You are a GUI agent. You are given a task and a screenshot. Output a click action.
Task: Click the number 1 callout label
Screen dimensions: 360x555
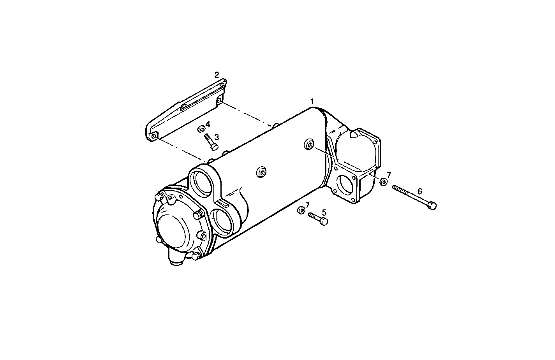[x=312, y=102]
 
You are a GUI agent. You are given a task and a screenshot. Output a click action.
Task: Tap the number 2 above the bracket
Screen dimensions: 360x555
[x=217, y=75]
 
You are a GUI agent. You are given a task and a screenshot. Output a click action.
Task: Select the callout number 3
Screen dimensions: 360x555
[x=217, y=137]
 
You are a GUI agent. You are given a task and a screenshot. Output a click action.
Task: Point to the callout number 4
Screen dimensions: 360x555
[x=208, y=124]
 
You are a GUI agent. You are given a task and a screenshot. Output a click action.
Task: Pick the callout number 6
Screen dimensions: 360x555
[x=419, y=191]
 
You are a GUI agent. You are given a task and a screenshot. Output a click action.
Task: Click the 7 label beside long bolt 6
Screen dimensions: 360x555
[x=388, y=175]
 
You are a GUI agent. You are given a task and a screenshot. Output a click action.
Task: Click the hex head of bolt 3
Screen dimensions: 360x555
[x=214, y=146]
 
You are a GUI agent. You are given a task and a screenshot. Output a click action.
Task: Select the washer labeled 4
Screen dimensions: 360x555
[x=201, y=129]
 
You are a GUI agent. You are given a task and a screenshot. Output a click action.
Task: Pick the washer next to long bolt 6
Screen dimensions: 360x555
[x=383, y=182]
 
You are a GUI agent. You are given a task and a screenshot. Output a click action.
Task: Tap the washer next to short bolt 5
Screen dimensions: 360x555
[x=301, y=211]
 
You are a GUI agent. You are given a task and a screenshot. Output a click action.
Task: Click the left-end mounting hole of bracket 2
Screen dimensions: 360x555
[x=154, y=136]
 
